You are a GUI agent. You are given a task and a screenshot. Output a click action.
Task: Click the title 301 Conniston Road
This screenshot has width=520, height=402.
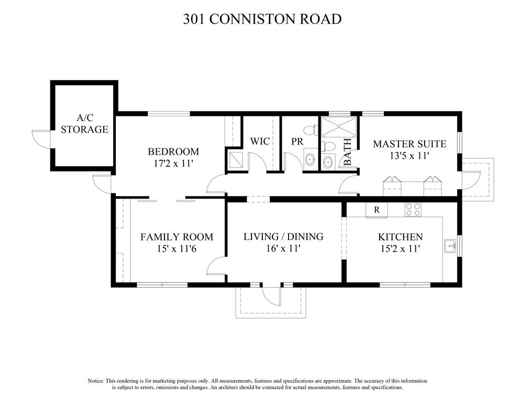(262, 19)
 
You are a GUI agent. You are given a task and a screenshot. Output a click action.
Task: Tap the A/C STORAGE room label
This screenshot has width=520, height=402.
(84, 123)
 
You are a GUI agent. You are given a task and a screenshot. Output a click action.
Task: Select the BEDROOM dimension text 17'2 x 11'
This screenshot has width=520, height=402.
(173, 164)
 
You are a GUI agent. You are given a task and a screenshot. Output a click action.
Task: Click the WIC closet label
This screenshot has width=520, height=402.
(260, 141)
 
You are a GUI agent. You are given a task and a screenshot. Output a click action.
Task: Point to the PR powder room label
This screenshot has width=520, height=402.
(297, 141)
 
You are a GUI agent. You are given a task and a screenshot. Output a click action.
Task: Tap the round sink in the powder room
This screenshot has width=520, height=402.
(310, 159)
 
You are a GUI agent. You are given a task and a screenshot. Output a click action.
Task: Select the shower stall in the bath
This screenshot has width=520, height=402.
(339, 126)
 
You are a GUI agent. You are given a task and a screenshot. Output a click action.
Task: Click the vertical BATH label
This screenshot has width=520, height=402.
(348, 151)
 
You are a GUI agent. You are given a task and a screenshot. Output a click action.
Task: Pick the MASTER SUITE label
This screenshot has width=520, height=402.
(410, 144)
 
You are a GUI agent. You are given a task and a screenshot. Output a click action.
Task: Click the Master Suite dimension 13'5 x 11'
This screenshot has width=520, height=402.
(410, 155)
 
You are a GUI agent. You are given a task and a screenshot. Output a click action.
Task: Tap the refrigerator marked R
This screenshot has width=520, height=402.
(377, 210)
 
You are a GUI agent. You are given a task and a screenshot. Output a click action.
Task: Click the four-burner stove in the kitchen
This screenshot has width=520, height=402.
(413, 210)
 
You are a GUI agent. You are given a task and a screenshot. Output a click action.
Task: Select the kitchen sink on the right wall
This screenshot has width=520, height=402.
(450, 246)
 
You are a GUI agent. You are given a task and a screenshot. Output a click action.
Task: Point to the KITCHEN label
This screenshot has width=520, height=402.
(400, 237)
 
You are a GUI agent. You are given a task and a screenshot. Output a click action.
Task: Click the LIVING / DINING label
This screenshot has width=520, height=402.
(283, 236)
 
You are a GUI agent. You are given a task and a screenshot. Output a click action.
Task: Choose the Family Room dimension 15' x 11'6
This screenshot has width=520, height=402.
(177, 248)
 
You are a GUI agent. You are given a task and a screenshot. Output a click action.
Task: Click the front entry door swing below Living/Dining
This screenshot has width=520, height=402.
(271, 296)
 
